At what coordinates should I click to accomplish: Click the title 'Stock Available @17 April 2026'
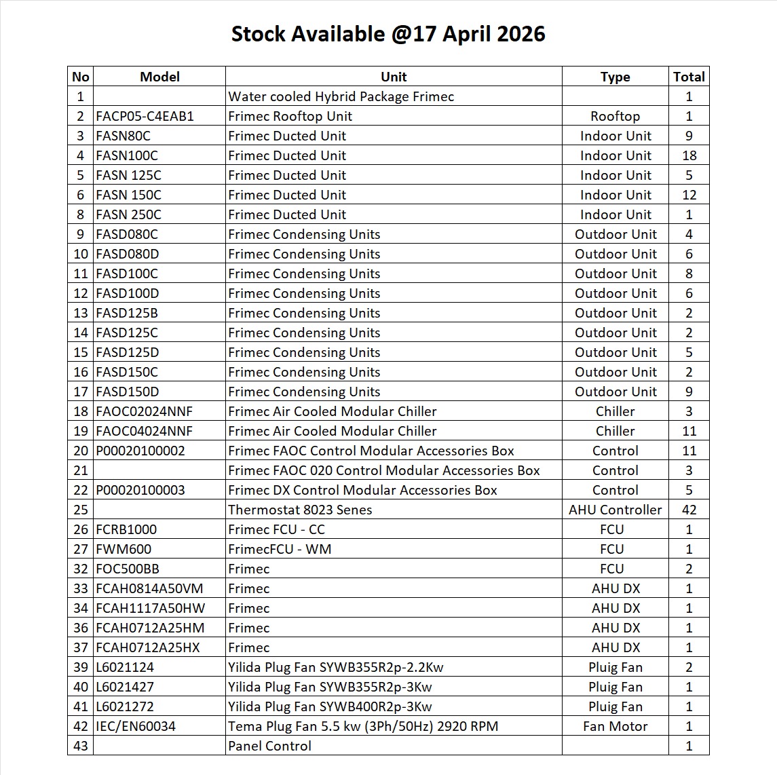click(388, 34)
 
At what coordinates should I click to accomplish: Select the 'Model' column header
click(159, 77)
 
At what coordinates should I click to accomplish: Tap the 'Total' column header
click(689, 77)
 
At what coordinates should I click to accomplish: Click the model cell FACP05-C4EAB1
click(145, 116)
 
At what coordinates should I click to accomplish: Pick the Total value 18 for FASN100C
click(689, 155)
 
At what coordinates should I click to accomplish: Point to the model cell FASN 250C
click(129, 214)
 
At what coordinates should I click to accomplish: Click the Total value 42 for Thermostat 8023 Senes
click(689, 510)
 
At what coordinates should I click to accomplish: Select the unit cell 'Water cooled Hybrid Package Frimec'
click(341, 96)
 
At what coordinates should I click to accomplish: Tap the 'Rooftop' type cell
click(615, 116)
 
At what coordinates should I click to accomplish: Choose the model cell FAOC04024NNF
click(145, 431)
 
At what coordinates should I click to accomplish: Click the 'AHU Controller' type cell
click(615, 510)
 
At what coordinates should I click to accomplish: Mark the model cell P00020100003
click(140, 490)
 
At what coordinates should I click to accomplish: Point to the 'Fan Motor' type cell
click(615, 726)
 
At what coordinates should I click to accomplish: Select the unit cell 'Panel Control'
click(269, 746)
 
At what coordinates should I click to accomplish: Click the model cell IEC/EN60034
click(136, 726)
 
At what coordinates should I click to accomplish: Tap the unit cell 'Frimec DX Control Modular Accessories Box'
click(362, 490)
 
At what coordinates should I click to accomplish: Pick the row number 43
click(81, 746)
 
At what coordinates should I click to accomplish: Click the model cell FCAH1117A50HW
click(150, 608)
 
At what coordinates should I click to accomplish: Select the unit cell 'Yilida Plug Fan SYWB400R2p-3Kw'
click(330, 706)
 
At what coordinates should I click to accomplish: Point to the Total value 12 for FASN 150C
click(689, 195)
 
